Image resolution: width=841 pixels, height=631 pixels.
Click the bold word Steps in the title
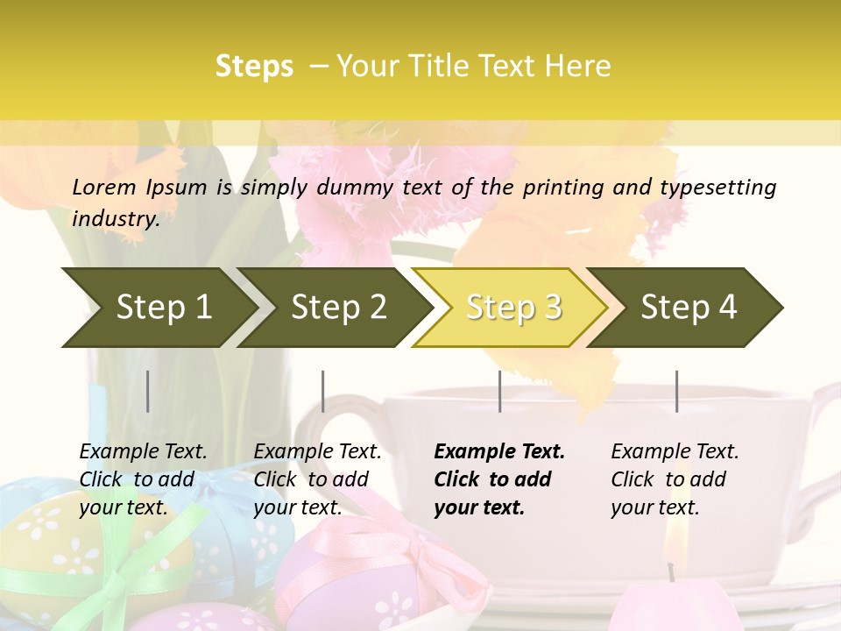tap(254, 67)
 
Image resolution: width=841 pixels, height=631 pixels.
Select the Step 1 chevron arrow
tap(158, 308)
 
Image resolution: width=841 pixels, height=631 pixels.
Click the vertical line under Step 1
tap(148, 391)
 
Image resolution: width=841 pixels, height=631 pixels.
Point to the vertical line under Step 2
tap(323, 391)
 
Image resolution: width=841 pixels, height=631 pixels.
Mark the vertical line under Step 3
tap(499, 391)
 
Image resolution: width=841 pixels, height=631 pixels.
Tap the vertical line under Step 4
tap(676, 391)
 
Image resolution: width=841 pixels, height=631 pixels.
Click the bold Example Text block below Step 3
tap(498, 479)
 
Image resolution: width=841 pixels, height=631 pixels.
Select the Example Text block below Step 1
tap(143, 479)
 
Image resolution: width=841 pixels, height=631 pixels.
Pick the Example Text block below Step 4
tap(675, 479)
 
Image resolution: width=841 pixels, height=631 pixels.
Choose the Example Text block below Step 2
tap(317, 479)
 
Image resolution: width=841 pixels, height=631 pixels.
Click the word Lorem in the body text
tap(104, 188)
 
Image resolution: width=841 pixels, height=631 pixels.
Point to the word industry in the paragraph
tap(116, 219)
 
